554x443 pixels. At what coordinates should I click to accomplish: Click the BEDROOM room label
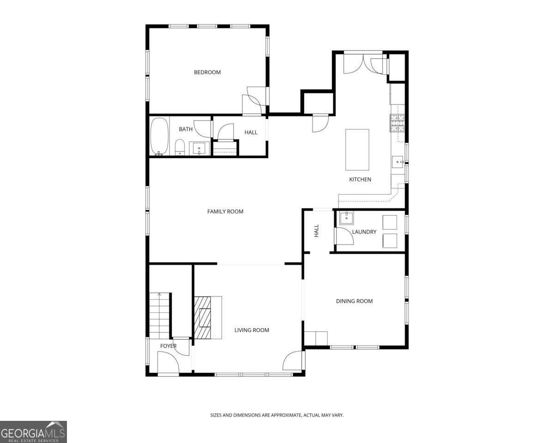point(207,72)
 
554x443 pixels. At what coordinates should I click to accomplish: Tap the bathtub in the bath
point(159,136)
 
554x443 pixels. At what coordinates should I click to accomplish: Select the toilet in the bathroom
point(180,148)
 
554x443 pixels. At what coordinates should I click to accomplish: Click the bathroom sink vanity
point(200,148)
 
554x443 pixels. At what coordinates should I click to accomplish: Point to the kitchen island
point(357,150)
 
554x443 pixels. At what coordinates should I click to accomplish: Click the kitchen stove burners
point(397,123)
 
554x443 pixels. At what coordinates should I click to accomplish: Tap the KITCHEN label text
point(360,180)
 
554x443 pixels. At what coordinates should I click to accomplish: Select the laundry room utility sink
point(346,218)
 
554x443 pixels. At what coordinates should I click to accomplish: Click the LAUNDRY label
point(364,232)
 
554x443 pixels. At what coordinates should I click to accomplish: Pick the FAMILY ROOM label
point(225,211)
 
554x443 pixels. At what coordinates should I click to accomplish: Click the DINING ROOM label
point(354,301)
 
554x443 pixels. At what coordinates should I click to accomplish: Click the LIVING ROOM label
point(252,330)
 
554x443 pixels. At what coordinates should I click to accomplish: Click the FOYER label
point(169,346)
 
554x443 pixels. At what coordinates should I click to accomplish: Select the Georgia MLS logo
point(33,432)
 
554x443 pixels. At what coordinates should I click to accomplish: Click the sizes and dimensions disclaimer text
point(277,415)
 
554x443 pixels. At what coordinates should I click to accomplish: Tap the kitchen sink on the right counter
point(398,162)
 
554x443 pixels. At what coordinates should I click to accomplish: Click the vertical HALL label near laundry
point(317,231)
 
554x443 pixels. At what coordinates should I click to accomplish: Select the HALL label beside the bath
point(251,132)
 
